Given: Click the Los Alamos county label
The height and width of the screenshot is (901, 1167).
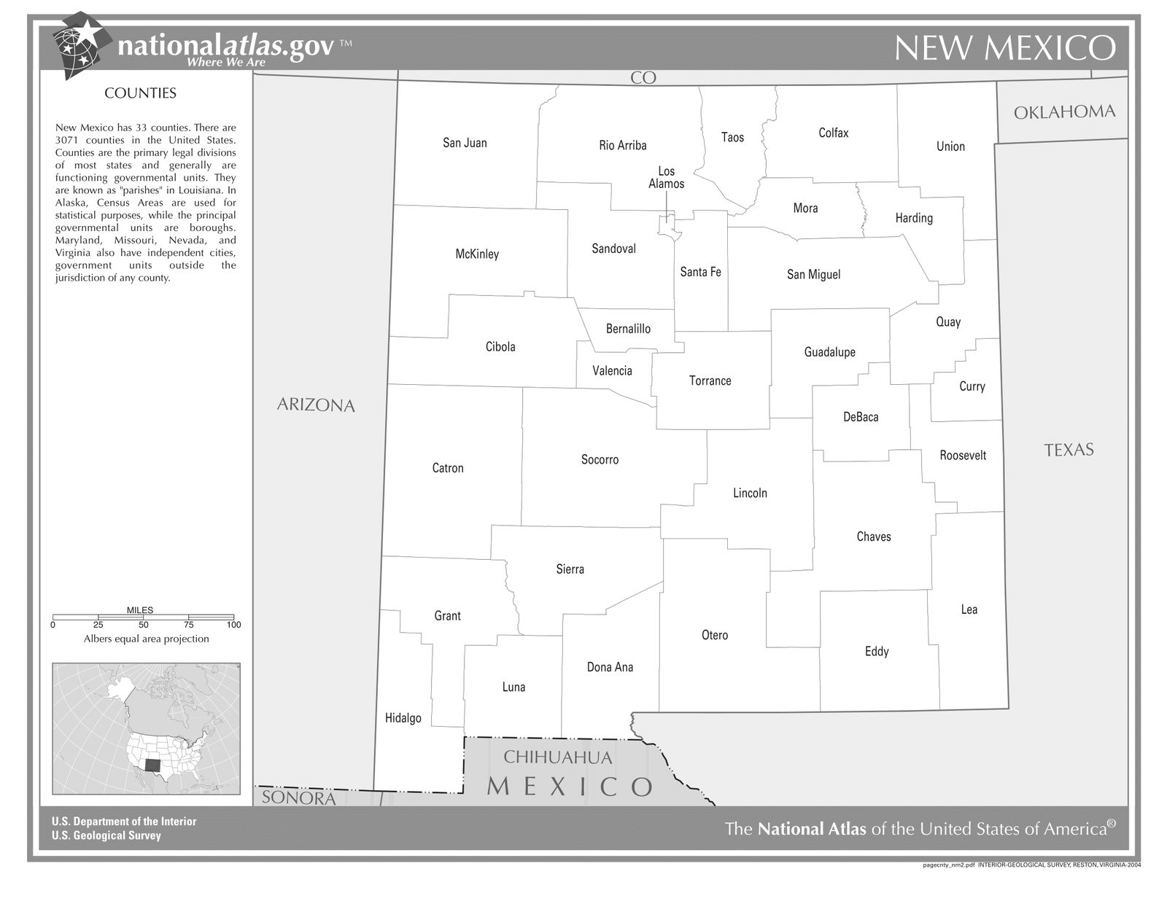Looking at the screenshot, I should coord(666,178).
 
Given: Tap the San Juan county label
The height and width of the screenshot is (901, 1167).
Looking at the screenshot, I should coord(465,143).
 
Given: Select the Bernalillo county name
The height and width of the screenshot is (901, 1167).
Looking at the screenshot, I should coord(628,329).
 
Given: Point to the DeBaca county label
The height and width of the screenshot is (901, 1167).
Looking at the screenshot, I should coord(861,417).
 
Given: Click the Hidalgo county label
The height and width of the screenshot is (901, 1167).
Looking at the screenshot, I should coord(403,718).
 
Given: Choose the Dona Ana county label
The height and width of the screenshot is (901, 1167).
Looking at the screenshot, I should coord(610,667).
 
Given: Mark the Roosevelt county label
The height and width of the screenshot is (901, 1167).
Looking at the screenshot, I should coord(963,456).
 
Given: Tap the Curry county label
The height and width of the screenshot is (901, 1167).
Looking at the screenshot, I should coord(972,386).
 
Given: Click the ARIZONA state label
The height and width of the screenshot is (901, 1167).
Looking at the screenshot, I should coord(316,405).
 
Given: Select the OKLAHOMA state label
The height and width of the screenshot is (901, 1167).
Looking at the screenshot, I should coord(1064,112).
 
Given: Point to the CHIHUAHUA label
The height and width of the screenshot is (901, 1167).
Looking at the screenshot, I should coord(558,757).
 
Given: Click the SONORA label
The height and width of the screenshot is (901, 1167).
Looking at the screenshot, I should coord(299,797).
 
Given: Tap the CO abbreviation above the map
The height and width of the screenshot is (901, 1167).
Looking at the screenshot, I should coord(643,78).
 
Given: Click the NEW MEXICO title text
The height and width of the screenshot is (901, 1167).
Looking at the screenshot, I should coord(1004,48).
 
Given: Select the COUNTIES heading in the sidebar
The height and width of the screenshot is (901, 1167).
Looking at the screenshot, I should coord(140,93).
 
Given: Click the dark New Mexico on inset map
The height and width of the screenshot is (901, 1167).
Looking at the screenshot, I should coord(152,767).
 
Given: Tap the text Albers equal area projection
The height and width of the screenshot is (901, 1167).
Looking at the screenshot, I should coord(146,639).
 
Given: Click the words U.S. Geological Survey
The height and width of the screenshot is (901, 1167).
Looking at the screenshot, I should coord(106,835).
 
